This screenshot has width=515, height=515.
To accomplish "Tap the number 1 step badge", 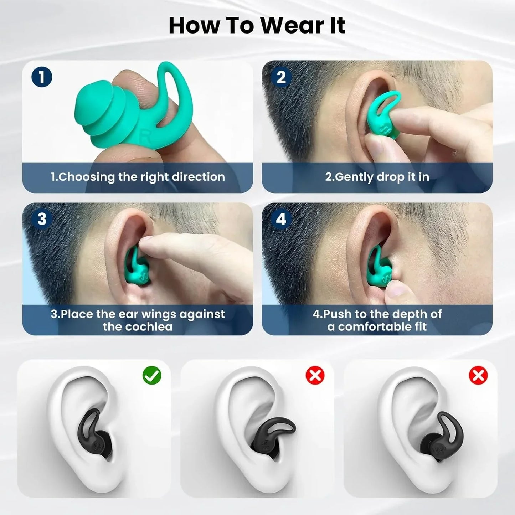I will [42, 77].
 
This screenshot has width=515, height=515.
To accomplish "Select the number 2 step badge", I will [281, 77].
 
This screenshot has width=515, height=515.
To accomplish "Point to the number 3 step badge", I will [42, 219].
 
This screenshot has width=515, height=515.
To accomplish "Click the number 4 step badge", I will [281, 219].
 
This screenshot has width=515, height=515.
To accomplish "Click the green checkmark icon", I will [152, 376].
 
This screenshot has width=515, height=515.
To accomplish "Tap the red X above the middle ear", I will [315, 376].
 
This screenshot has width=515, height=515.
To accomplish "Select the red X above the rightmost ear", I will [478, 376].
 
